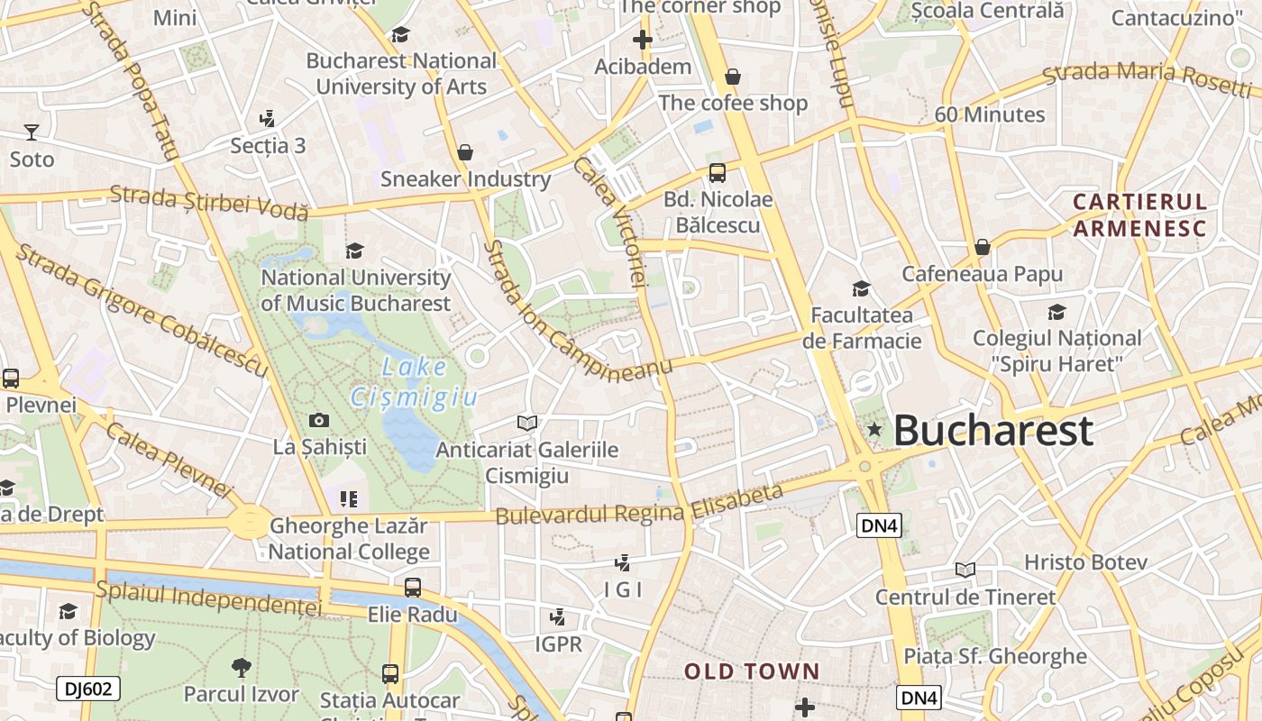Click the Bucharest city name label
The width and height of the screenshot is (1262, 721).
coord(992,431)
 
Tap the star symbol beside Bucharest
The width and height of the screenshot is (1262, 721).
coord(873,430)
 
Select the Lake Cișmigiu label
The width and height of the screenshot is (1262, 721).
coord(414,382)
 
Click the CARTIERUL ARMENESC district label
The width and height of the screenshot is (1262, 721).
coord(1139,214)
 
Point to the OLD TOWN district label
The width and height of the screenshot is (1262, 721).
coord(752,671)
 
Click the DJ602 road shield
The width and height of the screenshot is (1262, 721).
coord(88,689)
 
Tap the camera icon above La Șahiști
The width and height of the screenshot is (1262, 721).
coord(318,420)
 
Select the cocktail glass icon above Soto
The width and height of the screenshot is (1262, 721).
coord(32,132)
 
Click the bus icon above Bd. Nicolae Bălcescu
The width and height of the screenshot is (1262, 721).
coord(718,173)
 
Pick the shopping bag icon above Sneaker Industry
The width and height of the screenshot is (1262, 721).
coord(465,152)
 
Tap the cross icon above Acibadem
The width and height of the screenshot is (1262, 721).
coord(642,40)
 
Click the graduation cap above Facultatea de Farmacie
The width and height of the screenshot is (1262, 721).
coord(861,289)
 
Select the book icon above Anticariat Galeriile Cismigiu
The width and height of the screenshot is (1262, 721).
coord(526,423)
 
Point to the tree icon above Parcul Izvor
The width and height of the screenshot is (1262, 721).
coord(241,668)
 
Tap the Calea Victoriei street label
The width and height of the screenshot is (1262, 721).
coord(610,222)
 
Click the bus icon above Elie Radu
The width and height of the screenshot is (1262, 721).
coord(412,588)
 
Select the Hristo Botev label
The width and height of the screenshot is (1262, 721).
coord(1085,562)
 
